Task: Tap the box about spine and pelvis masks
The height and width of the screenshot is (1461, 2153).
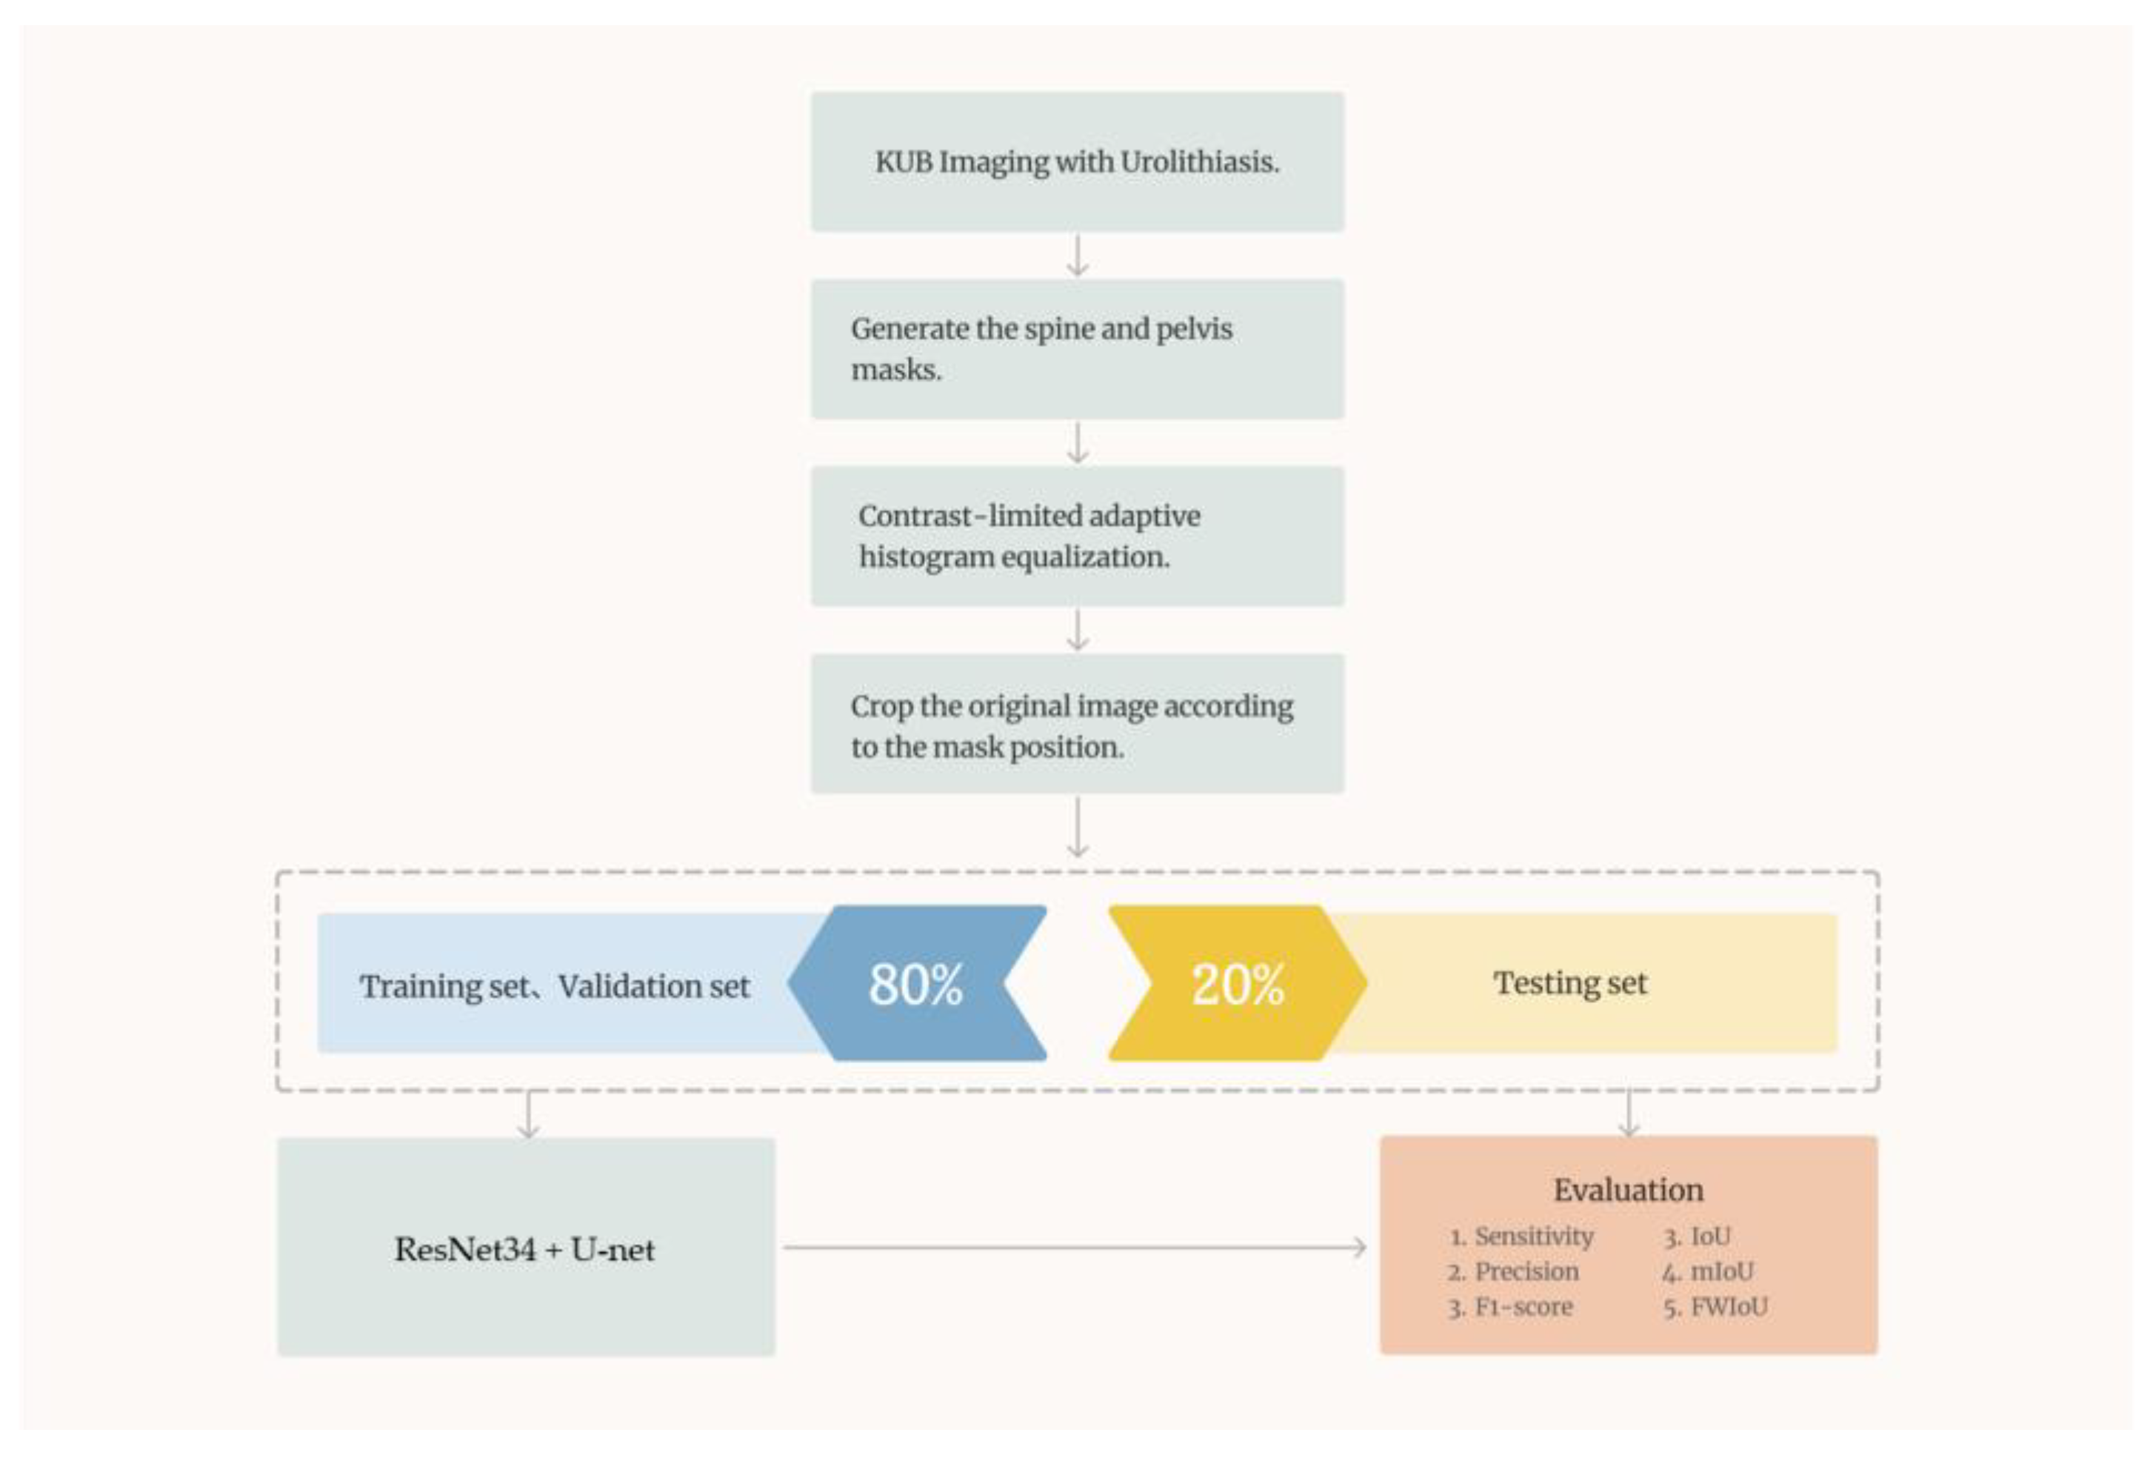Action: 1077,349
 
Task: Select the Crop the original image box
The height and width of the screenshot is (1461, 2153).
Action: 1077,725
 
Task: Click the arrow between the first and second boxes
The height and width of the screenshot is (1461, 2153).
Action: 1077,256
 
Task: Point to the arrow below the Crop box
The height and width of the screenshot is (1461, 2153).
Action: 1077,828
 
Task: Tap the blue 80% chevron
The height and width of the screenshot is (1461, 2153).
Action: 917,984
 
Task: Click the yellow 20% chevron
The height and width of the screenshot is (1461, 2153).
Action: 1237,984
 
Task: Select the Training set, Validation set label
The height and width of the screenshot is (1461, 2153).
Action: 554,987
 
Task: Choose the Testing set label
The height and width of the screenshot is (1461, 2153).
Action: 1569,983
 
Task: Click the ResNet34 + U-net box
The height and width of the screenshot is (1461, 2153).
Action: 525,1249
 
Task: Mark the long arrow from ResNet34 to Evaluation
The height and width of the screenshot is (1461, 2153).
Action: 1075,1248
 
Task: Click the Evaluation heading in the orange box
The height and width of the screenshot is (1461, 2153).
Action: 1628,1191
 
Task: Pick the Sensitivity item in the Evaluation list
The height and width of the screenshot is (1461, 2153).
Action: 1532,1237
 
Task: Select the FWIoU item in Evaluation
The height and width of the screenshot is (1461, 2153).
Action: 1728,1307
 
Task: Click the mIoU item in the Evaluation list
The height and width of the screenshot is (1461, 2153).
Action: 1720,1272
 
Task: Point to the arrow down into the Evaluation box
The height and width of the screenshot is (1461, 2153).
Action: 1629,1114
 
